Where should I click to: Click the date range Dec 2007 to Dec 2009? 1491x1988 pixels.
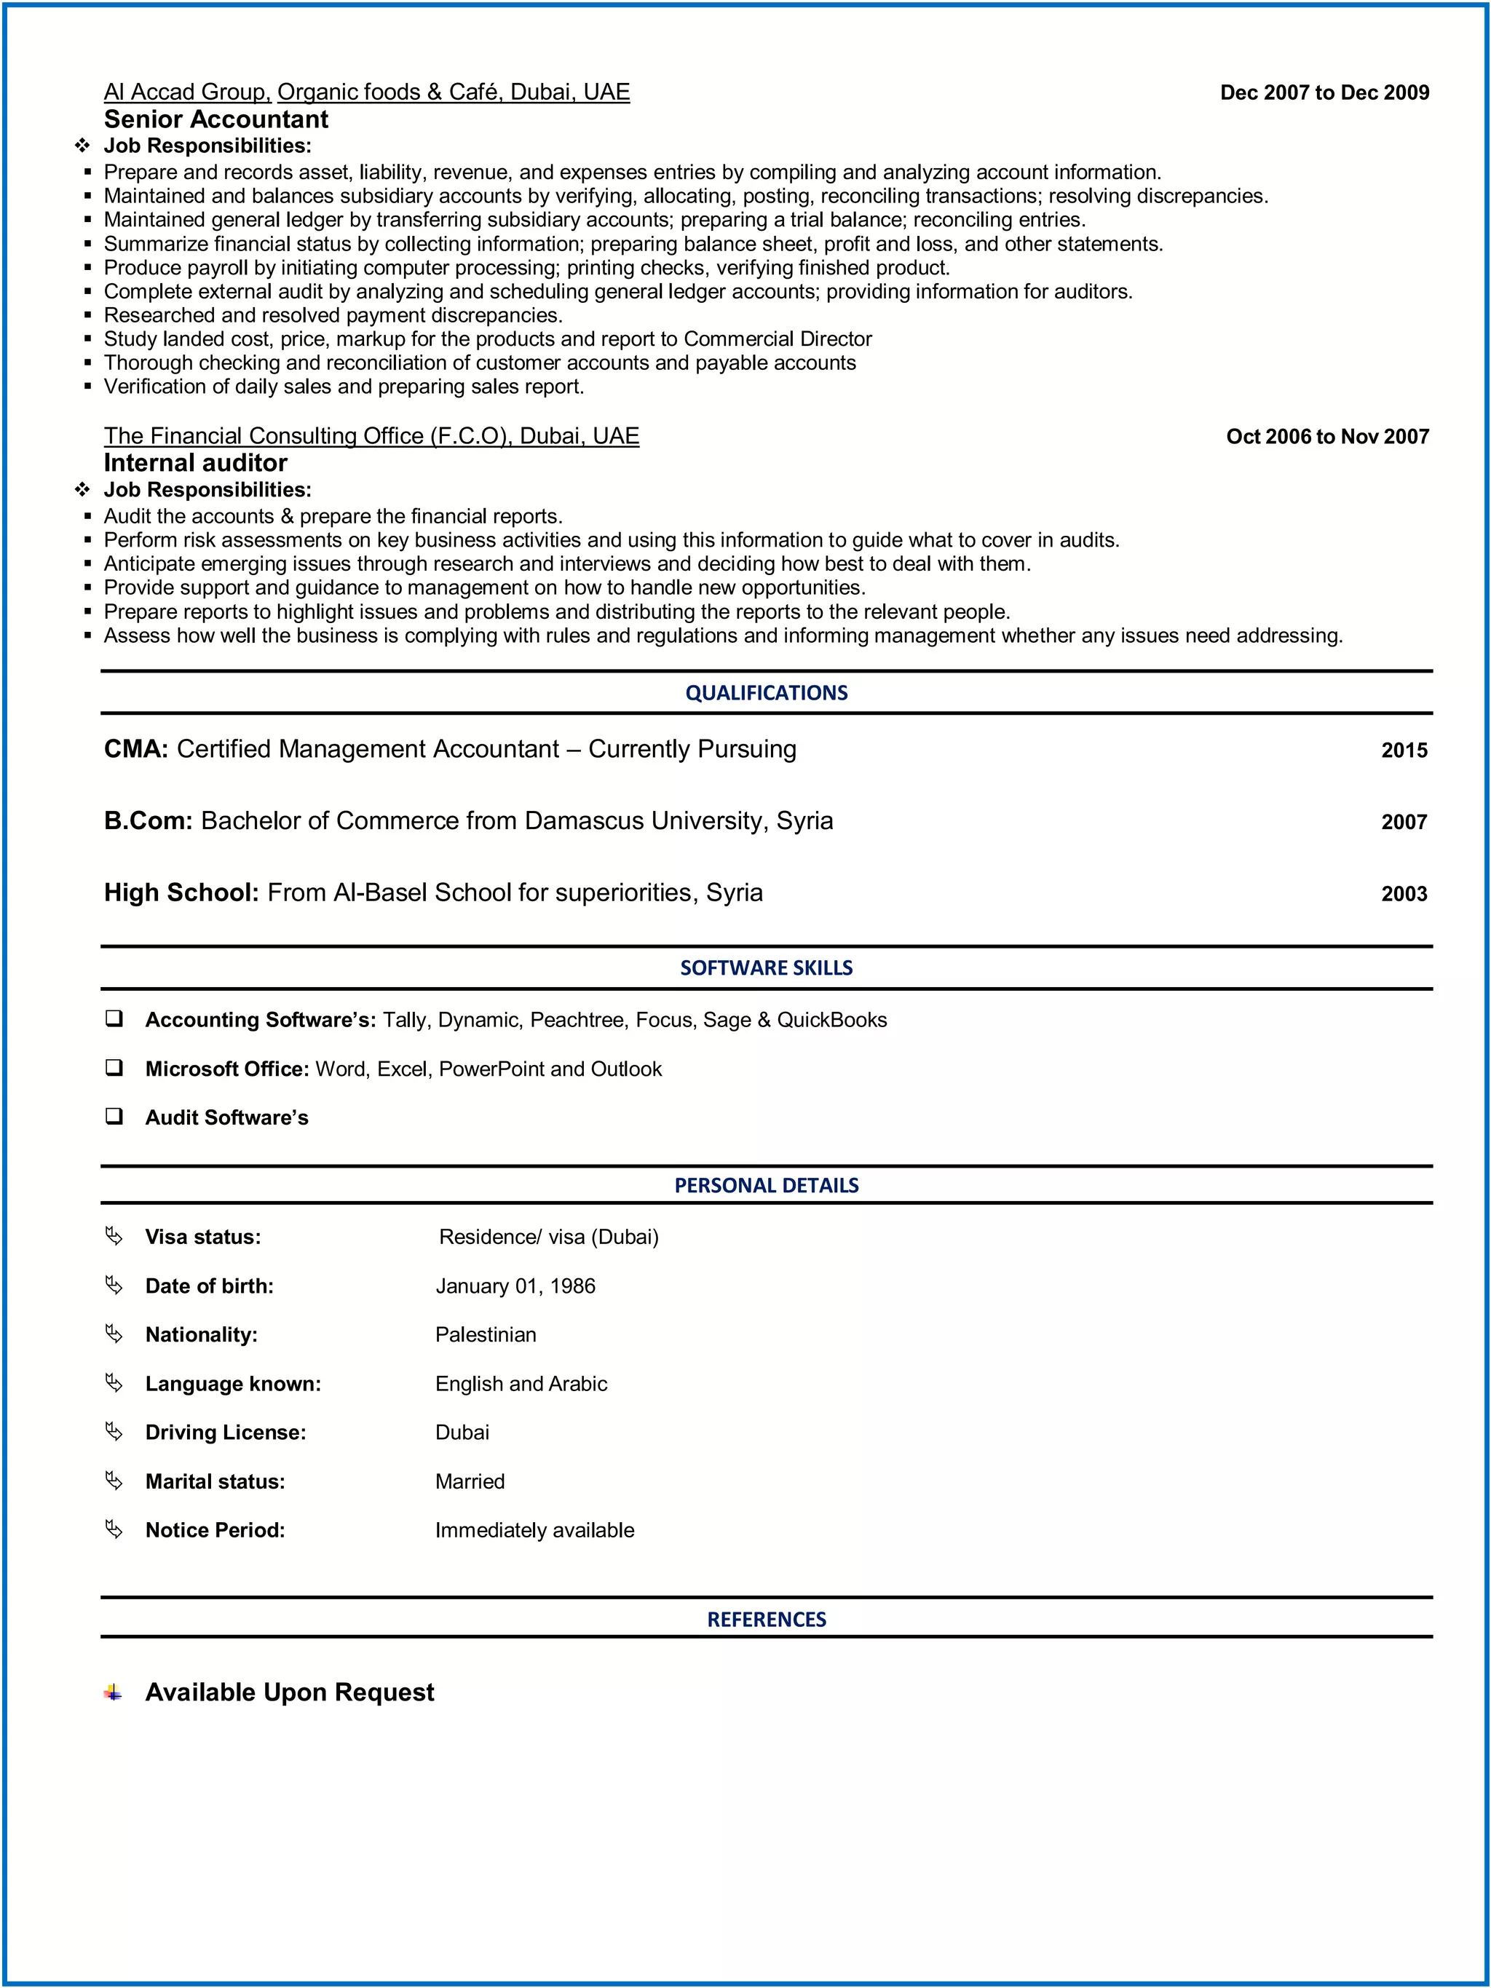pos(1324,92)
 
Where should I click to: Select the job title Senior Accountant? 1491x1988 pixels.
pos(215,119)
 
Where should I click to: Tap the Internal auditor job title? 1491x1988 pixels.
pos(195,463)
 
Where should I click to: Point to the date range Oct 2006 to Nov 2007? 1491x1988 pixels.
pos(1326,437)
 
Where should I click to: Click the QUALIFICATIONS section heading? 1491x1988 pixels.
pos(766,693)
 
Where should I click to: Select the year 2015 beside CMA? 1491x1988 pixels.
pos(1404,751)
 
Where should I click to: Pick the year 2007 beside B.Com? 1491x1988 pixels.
pos(1404,823)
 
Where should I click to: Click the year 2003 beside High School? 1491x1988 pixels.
pos(1404,894)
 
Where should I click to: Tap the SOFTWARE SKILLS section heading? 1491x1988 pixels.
pos(766,968)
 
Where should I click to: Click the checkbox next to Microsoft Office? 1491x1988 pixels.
pos(114,1068)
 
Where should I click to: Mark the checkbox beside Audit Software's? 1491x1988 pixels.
pos(114,1116)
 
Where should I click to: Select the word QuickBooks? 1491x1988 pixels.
pos(831,1020)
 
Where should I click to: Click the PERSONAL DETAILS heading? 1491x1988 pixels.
pos(766,1185)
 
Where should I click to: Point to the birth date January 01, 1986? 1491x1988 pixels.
pos(515,1286)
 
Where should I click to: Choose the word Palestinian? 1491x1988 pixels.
pos(486,1334)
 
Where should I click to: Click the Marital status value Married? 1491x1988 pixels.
pos(469,1481)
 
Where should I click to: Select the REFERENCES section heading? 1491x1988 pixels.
pos(766,1620)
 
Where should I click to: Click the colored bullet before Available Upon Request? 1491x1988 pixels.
pos(112,1692)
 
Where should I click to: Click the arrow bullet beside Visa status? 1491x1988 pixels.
pos(114,1237)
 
